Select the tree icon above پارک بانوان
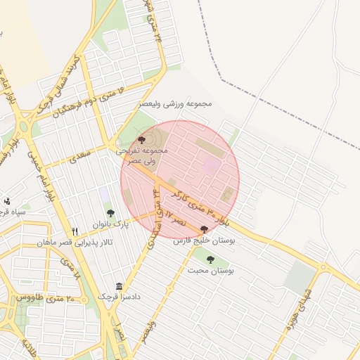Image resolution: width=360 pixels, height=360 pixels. [x=110, y=212]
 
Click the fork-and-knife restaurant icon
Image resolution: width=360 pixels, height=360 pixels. [x=75, y=231]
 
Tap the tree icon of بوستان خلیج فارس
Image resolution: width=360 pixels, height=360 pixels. [x=204, y=229]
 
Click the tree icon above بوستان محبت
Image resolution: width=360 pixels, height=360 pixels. [x=210, y=259]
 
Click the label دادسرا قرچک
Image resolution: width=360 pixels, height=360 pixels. [x=120, y=297]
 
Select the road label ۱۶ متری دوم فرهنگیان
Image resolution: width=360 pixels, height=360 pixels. [x=91, y=103]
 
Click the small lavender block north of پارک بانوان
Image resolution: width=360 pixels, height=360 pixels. [x=104, y=192]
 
